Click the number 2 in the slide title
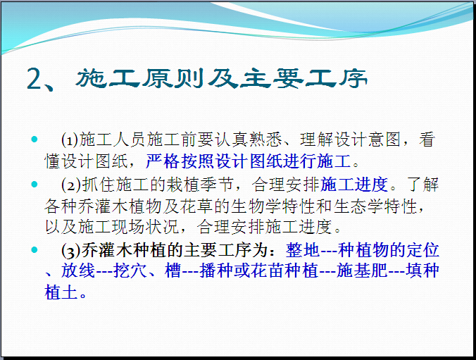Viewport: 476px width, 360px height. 35,79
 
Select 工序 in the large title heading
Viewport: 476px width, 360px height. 336,78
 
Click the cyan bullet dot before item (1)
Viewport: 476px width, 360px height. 35,139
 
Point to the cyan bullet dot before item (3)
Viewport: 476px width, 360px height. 35,249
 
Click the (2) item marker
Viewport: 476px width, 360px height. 71,185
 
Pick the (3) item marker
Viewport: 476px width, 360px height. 71,251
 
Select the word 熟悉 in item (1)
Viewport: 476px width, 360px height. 265,139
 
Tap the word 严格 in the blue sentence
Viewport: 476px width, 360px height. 163,161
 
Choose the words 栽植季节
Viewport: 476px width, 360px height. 200,185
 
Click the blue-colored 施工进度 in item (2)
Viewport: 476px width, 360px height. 353,185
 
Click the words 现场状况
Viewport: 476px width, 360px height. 146,227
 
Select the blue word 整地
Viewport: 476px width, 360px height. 302,250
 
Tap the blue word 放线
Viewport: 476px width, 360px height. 78,271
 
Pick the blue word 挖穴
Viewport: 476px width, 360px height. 130,271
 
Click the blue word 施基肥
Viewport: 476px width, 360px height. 362,271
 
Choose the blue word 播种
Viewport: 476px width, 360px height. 216,271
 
